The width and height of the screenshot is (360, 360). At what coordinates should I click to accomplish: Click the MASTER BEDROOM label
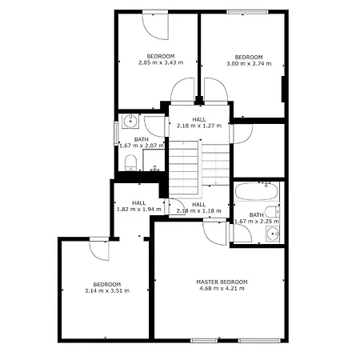(x=222, y=282)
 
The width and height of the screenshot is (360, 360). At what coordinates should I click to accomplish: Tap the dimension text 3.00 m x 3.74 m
(x=249, y=63)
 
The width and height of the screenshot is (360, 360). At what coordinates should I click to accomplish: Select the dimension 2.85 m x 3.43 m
(x=161, y=62)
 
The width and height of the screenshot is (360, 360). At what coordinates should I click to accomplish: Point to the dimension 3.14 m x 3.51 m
(x=107, y=290)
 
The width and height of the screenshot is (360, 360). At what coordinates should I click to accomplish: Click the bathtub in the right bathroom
(x=257, y=191)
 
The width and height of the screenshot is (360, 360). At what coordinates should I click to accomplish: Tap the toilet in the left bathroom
(x=130, y=162)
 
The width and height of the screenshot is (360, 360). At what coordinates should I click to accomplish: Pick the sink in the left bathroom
(x=130, y=121)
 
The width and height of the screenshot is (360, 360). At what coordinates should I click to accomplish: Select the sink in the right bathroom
(x=272, y=234)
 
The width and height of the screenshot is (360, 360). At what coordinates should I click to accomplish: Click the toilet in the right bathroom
(x=273, y=212)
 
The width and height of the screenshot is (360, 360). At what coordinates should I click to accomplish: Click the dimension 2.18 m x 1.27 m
(x=199, y=126)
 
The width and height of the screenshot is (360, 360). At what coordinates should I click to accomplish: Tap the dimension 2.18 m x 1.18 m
(x=198, y=211)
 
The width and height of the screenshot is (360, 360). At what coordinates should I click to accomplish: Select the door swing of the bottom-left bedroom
(x=99, y=250)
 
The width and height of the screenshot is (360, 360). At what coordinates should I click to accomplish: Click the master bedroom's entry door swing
(x=214, y=233)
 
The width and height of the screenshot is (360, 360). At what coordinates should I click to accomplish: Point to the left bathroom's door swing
(x=154, y=126)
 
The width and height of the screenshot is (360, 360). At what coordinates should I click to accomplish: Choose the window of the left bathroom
(x=116, y=134)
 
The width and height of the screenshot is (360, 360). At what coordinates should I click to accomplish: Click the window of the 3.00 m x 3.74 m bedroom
(x=247, y=12)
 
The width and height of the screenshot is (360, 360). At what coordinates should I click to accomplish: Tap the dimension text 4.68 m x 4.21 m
(x=222, y=288)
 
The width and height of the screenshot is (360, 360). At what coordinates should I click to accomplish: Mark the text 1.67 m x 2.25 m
(x=257, y=222)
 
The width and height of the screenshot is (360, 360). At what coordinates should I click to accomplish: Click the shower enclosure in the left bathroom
(x=154, y=160)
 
